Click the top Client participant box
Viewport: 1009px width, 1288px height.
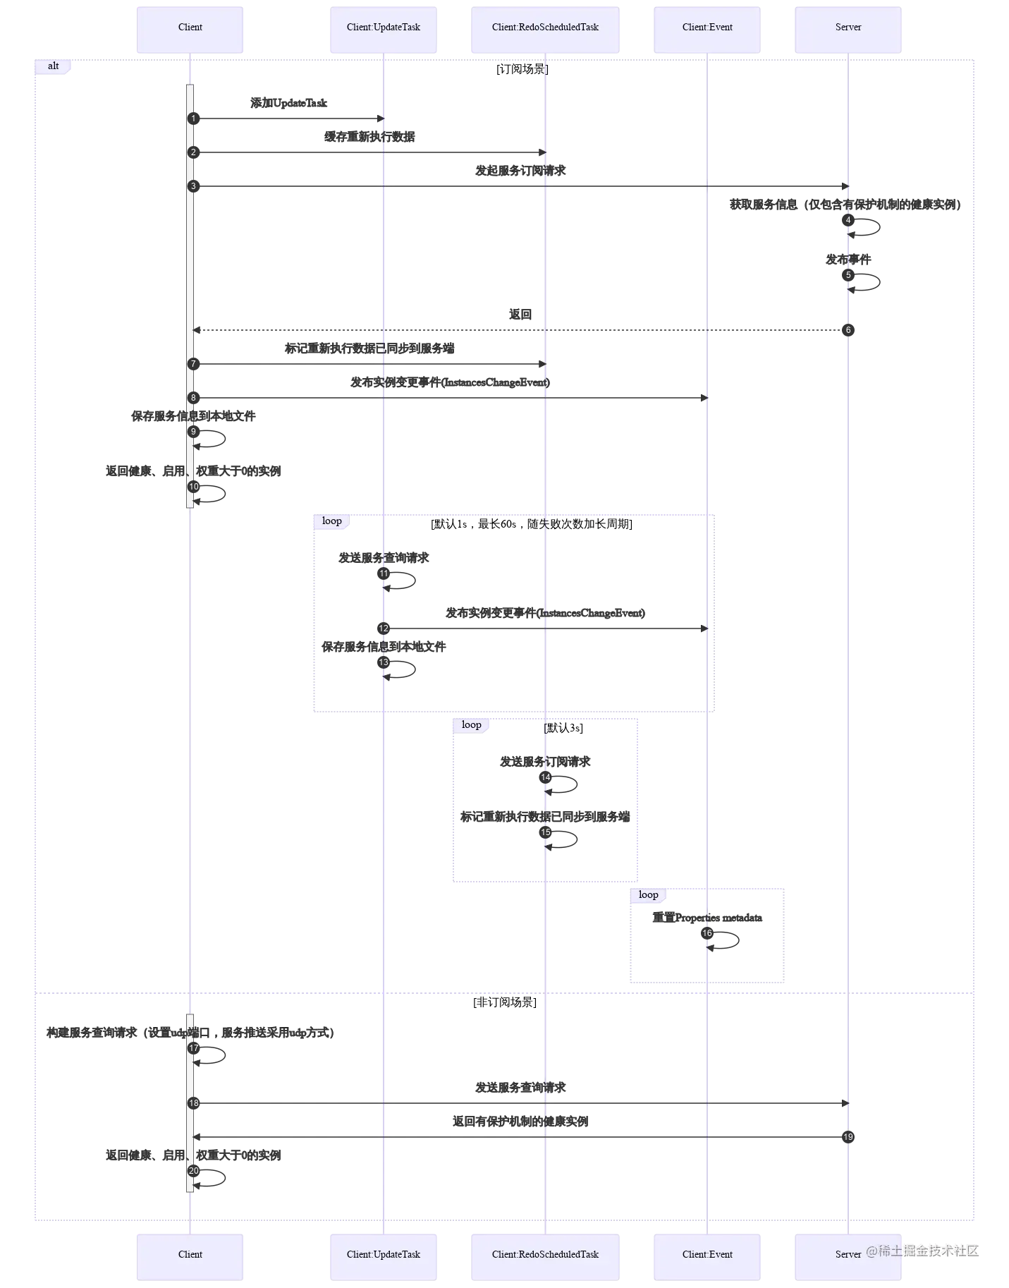pyautogui.click(x=190, y=28)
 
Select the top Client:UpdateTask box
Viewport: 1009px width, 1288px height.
pyautogui.click(x=384, y=28)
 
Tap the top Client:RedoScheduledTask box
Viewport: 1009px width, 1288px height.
pyautogui.click(x=545, y=28)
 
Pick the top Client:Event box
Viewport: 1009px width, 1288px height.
pyautogui.click(x=707, y=28)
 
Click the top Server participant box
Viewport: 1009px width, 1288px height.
pyautogui.click(x=848, y=28)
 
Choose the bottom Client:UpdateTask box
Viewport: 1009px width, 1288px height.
pyautogui.click(x=384, y=1255)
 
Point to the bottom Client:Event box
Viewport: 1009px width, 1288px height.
pyautogui.click(x=707, y=1255)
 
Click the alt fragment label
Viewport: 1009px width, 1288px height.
pyautogui.click(x=54, y=66)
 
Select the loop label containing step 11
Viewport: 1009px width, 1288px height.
pyautogui.click(x=331, y=521)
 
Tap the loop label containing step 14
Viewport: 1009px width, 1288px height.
pyautogui.click(x=471, y=725)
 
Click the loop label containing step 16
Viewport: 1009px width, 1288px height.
pyautogui.click(x=648, y=895)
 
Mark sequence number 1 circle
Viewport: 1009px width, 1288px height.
pyautogui.click(x=193, y=119)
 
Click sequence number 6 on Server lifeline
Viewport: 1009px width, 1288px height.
pyautogui.click(x=848, y=330)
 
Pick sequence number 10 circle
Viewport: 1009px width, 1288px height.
pyautogui.click(x=194, y=487)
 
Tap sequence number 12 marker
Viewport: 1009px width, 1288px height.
pyautogui.click(x=384, y=628)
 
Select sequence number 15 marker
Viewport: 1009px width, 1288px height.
pyautogui.click(x=546, y=832)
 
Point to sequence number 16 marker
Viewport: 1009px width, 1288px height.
pyautogui.click(x=707, y=933)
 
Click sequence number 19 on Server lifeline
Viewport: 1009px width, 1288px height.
pyautogui.click(x=848, y=1137)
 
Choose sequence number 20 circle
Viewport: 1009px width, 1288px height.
pyautogui.click(x=194, y=1171)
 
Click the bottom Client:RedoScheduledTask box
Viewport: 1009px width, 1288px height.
pyautogui.click(x=545, y=1255)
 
